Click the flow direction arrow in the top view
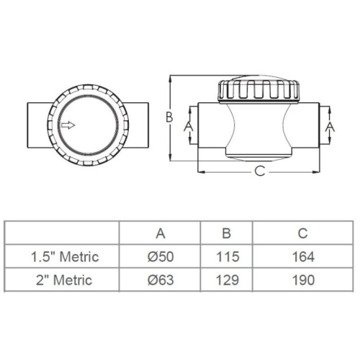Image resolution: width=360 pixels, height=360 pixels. click(x=68, y=125)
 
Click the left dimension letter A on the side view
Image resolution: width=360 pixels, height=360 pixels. click(x=189, y=125)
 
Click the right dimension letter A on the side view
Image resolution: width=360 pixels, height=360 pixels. click(x=330, y=125)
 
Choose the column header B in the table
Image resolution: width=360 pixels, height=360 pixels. click(x=225, y=233)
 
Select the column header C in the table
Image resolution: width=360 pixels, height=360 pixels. click(x=302, y=233)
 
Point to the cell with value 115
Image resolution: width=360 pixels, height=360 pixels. click(x=225, y=256)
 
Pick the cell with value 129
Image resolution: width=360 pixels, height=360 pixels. click(x=225, y=280)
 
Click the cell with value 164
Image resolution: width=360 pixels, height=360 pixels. click(x=302, y=256)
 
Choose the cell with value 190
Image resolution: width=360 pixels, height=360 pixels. click(x=302, y=280)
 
